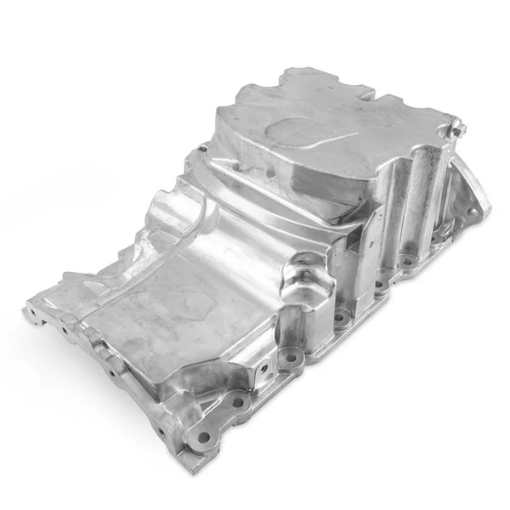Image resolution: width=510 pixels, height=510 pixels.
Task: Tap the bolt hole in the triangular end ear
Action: point(475,202)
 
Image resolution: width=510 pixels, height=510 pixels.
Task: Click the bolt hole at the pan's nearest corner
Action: point(203,438)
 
